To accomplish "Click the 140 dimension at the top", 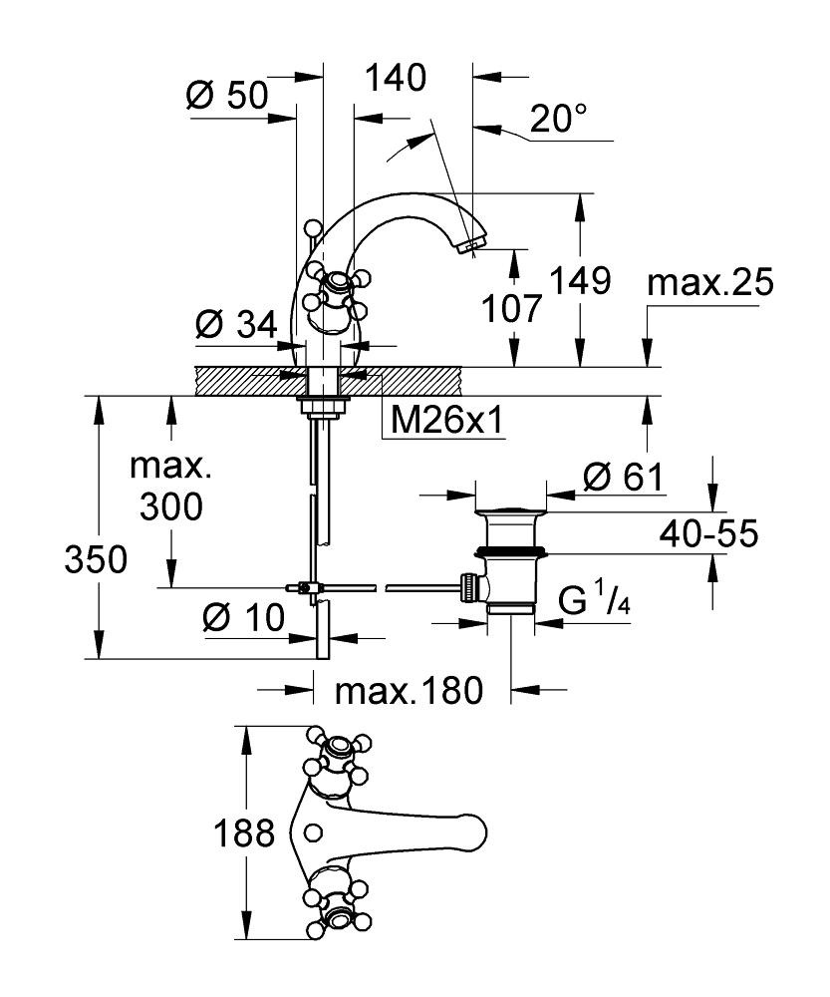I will coord(396,78).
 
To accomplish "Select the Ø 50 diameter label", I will coord(228,96).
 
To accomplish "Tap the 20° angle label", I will coord(558,120).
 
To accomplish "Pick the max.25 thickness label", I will coord(709,283).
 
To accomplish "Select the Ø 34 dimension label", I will coord(237,324).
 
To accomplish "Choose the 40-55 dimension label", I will coord(708,535).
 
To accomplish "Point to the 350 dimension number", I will coord(96,561).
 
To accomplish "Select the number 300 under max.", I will coord(170,508).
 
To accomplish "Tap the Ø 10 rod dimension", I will coord(242,619).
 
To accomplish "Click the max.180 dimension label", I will coord(409,689).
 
